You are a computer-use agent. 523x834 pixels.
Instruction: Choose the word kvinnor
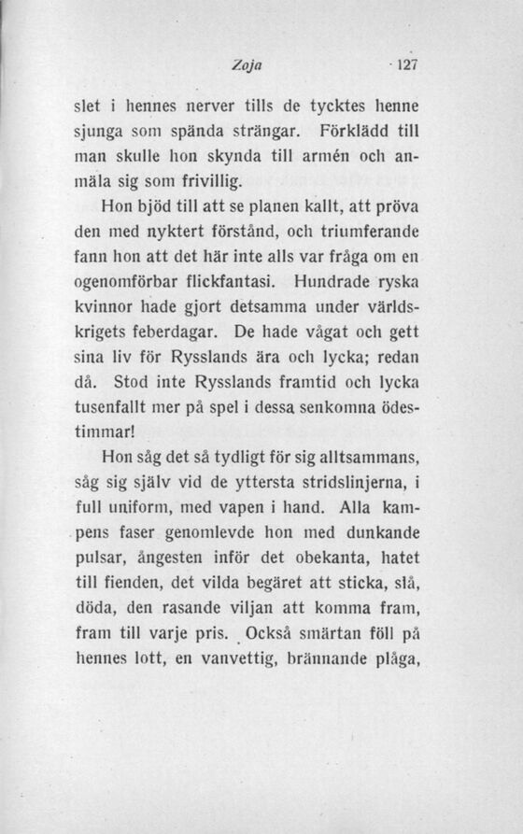click(100, 305)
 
